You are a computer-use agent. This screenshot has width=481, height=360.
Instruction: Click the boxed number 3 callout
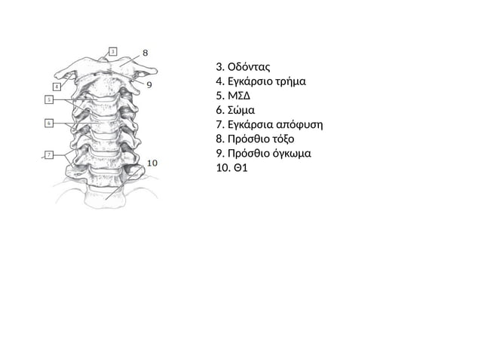click(113, 51)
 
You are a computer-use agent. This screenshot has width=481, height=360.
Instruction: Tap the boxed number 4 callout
click(57, 87)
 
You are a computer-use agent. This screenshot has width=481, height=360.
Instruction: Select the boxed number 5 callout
click(49, 99)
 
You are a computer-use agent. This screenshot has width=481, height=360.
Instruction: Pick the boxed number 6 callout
click(49, 124)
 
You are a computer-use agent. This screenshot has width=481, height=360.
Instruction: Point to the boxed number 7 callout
click(49, 155)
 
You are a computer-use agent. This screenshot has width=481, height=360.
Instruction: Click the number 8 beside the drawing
click(146, 53)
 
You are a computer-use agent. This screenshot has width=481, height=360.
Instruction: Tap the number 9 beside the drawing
click(149, 85)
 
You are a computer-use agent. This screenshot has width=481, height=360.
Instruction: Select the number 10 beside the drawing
click(152, 163)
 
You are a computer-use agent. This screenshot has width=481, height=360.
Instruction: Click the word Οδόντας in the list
click(249, 67)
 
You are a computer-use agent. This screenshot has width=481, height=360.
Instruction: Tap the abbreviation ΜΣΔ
click(239, 96)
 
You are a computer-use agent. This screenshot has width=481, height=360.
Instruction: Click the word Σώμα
click(241, 110)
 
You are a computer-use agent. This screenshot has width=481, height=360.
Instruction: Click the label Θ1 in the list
click(240, 168)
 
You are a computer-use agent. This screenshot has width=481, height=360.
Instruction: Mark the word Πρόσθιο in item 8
click(247, 139)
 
